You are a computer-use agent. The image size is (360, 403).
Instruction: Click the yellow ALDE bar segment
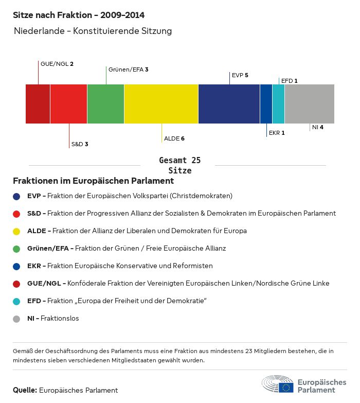[x=161, y=104]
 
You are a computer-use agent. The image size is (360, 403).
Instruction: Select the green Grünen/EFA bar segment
[x=105, y=104]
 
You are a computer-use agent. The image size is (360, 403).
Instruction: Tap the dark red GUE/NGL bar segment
[x=38, y=104]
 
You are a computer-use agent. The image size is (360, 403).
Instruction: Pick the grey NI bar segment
[x=309, y=104]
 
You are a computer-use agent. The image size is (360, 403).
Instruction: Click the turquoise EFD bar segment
[x=278, y=104]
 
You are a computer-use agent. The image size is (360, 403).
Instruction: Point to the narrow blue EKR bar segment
[x=266, y=104]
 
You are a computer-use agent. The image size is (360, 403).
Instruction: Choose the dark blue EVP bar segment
[x=229, y=104]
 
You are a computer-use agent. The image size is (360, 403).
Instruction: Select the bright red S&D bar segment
[x=68, y=104]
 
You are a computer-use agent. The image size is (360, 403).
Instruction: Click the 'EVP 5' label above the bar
[x=240, y=75]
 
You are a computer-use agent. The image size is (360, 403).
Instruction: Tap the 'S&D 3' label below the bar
[x=80, y=144]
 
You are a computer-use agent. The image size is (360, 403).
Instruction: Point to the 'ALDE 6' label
[x=174, y=139]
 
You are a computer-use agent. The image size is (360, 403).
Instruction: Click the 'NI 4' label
[x=317, y=127]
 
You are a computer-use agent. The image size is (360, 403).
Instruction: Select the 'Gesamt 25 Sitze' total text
[x=180, y=165]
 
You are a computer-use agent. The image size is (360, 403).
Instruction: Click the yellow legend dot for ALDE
[x=16, y=231]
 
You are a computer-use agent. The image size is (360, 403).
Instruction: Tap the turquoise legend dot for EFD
[x=16, y=301]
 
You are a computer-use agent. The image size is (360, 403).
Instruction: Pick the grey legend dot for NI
[x=16, y=319]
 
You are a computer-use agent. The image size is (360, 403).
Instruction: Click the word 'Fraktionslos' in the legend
[x=60, y=319]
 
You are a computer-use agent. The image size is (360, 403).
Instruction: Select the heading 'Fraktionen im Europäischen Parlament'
[x=93, y=181]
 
